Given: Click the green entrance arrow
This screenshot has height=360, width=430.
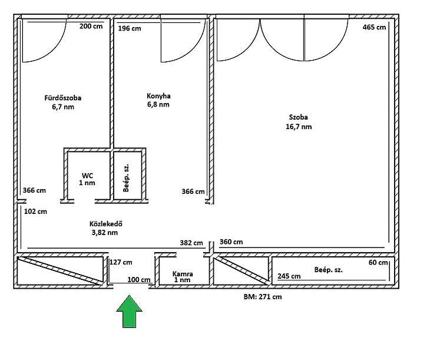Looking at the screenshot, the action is [129, 312].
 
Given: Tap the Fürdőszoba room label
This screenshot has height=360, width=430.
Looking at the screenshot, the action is [63, 98].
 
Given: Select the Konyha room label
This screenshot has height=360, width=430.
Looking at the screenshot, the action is [158, 96].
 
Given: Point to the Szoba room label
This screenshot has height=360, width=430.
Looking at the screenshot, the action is [299, 117].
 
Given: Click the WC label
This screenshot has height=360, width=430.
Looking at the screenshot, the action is [87, 176].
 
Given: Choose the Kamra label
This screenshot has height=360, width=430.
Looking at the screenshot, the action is [183, 274].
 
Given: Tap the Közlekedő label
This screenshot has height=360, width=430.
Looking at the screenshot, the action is [106, 224].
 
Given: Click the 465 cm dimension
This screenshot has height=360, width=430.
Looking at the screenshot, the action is [374, 27].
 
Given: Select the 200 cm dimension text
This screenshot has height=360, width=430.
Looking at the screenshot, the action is [91, 27].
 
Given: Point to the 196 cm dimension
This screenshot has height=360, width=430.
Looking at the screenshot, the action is [130, 28].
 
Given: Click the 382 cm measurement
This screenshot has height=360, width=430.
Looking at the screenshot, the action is [191, 243].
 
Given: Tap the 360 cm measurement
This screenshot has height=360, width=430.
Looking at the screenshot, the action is [231, 242].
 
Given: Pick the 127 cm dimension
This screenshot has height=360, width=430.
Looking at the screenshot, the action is [121, 262].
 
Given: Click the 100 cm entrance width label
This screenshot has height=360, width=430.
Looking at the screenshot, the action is [139, 280].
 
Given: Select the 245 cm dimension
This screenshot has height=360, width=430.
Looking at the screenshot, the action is [289, 276].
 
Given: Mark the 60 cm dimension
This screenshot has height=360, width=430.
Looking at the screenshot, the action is [378, 263].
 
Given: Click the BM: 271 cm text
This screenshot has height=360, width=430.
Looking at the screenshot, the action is [263, 297].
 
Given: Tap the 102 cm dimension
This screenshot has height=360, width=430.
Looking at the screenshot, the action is [36, 212].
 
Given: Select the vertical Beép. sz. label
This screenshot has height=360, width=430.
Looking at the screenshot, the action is [126, 178].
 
